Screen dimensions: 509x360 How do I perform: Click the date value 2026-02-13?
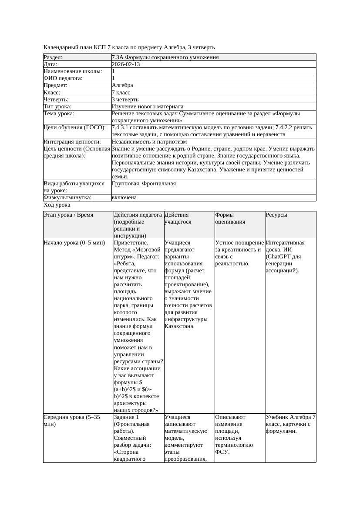click(126, 64)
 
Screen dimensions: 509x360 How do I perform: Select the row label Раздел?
click(53, 57)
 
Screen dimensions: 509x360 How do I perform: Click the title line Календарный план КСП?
click(129, 47)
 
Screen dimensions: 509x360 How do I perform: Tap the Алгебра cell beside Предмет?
click(122, 85)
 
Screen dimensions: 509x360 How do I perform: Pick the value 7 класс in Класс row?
click(121, 92)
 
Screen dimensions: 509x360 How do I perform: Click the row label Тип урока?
click(57, 106)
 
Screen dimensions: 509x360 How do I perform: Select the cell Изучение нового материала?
click(148, 106)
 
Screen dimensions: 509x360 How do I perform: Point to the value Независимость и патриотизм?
click(149, 141)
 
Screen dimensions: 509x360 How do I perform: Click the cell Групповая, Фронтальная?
click(144, 184)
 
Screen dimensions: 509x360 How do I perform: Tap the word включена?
click(124, 198)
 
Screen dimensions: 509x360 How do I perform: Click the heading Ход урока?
click(57, 204)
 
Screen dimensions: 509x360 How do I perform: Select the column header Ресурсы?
click(276, 215)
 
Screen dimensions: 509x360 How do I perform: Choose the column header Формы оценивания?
click(230, 218)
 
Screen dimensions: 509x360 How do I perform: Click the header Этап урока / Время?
click(68, 215)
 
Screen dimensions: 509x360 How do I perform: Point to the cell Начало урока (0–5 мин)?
click(74, 243)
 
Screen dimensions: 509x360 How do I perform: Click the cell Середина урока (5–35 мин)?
click(72, 420)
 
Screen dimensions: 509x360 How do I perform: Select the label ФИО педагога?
click(63, 78)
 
